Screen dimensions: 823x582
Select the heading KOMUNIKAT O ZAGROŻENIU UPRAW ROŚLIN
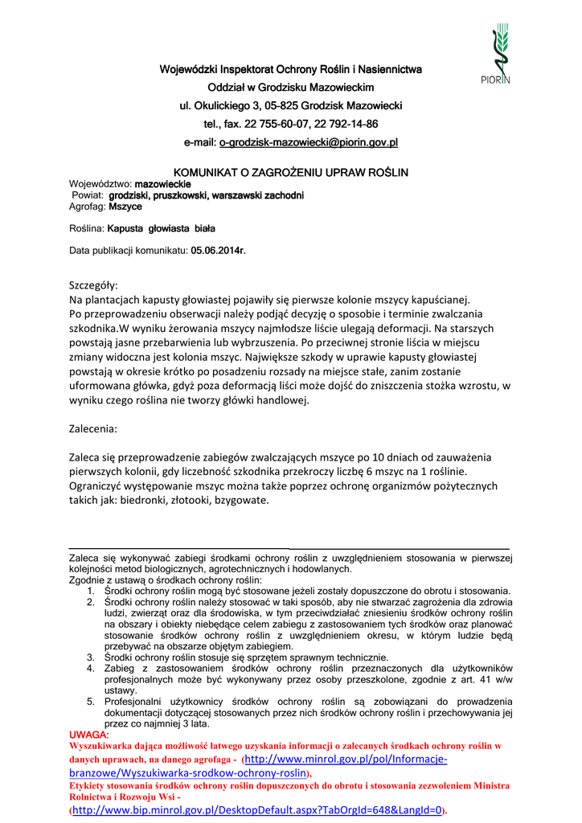click(x=292, y=173)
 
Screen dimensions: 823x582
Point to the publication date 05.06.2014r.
click(x=218, y=251)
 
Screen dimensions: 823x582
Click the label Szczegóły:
click(x=94, y=285)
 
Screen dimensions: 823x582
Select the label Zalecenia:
click(x=94, y=428)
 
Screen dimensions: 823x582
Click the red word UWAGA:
click(x=89, y=735)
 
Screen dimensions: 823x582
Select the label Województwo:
click(x=100, y=184)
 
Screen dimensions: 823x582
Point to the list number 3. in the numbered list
click(x=91, y=657)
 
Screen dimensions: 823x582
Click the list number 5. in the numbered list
click(x=91, y=701)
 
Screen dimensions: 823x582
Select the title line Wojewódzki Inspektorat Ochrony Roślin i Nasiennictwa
click(x=292, y=69)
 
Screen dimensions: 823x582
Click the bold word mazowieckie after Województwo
click(x=157, y=184)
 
